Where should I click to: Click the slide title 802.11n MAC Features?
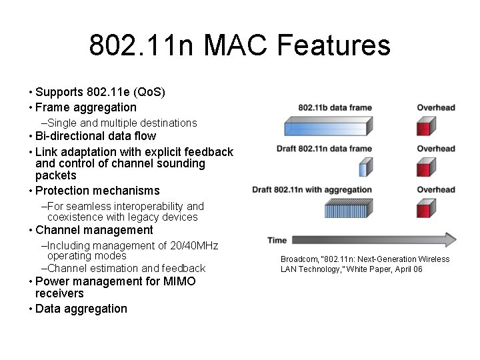coord(239,46)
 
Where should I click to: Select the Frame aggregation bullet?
coord(85,107)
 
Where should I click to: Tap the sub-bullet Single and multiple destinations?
coord(121,123)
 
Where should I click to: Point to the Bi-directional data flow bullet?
coord(95,136)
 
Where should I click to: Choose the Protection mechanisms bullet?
coord(97,191)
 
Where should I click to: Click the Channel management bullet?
coord(94,230)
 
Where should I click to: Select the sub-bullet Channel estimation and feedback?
coord(126,268)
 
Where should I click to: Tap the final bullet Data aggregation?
coord(81,309)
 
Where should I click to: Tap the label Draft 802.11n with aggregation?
coord(311,190)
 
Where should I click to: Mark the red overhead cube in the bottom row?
coord(425,209)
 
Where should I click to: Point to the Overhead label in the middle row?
coord(435,149)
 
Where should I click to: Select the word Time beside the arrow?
coord(277,240)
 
